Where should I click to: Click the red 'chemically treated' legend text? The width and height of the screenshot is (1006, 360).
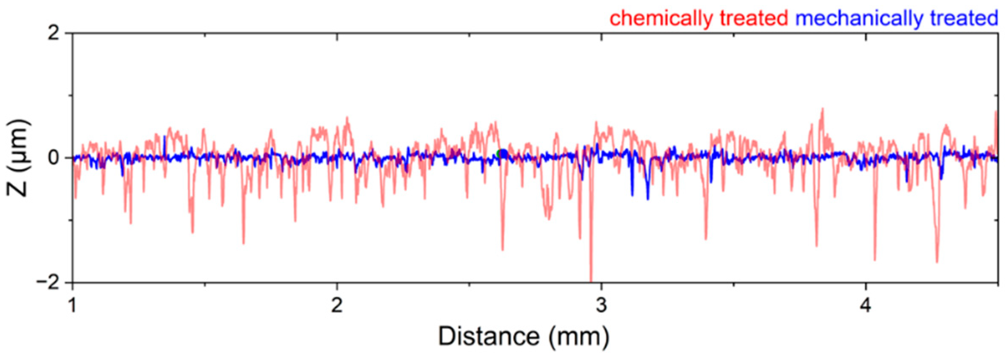[698, 19]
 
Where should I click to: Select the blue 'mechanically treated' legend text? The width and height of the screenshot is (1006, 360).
[897, 19]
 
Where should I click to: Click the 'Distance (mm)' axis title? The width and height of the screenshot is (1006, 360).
[524, 337]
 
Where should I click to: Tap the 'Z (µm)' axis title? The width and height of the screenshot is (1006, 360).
[18, 158]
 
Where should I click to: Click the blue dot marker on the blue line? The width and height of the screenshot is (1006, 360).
[503, 154]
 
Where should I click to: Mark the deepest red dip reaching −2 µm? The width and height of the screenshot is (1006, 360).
[591, 279]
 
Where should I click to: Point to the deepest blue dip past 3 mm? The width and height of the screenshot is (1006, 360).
[648, 198]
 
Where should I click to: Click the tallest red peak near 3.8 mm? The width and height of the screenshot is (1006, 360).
[822, 110]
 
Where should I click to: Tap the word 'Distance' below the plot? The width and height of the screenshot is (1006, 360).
[489, 337]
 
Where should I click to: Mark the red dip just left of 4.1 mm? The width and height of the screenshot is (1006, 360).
[875, 259]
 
